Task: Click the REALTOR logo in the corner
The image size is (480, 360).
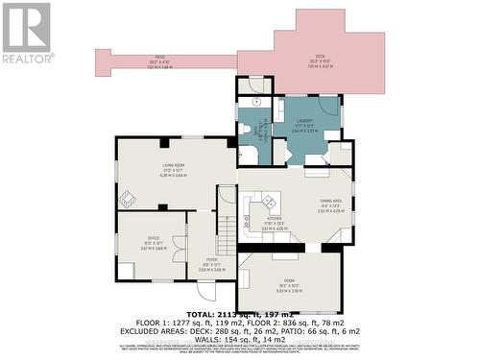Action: (x=27, y=34)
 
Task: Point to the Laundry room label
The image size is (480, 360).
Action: (x=303, y=122)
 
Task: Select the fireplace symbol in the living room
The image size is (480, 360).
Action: (x=127, y=200)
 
